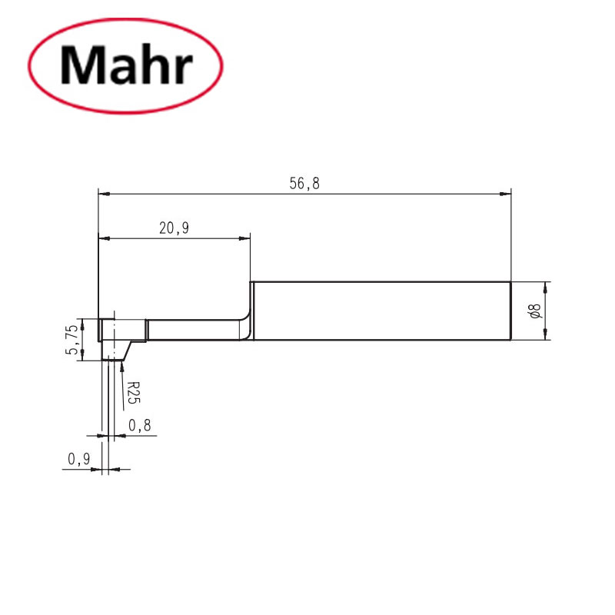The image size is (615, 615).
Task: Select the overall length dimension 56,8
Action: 304,183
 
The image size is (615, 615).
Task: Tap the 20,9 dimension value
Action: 174,228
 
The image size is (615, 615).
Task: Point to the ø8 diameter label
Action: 536,311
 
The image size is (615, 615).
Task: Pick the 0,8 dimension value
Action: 138,424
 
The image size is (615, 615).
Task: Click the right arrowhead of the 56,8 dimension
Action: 507,193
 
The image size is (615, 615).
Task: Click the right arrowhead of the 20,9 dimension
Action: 246,238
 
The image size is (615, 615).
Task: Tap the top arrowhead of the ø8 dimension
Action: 546,286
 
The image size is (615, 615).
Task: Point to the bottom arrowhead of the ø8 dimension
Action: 546,335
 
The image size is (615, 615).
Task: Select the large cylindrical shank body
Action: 381,311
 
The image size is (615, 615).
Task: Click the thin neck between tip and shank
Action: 192,331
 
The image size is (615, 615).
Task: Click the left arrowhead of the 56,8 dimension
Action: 103,193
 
